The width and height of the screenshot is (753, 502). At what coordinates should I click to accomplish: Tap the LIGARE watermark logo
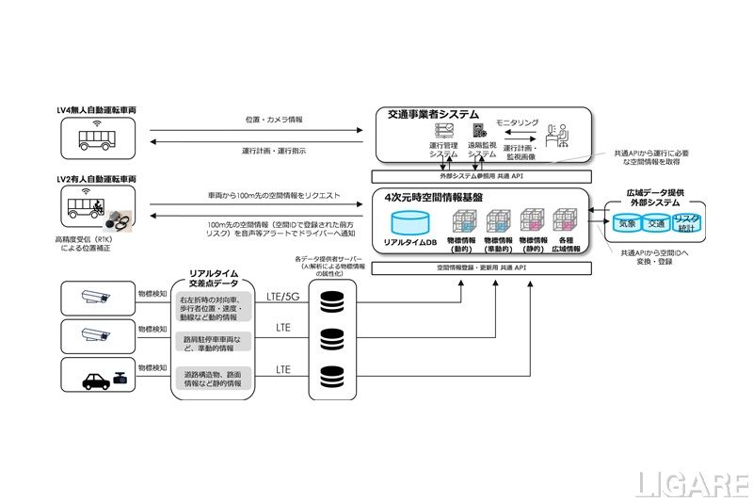[x=692, y=484]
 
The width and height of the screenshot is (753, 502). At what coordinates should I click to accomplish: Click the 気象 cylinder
[x=628, y=224]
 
